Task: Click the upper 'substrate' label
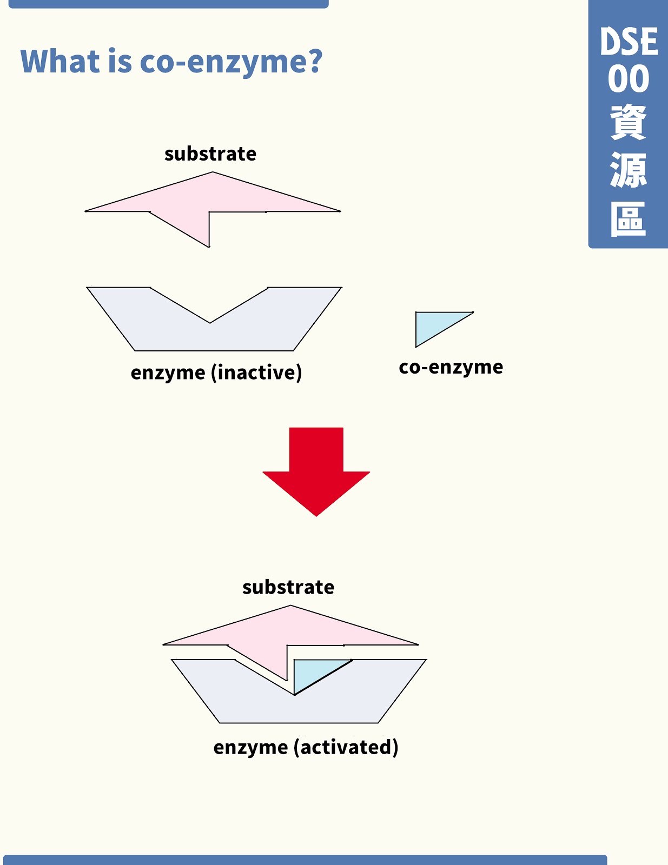[x=210, y=154]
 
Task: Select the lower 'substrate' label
[x=288, y=587]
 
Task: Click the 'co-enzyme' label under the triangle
[x=451, y=367]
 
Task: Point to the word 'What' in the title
[x=61, y=61]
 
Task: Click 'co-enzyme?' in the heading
[x=231, y=62]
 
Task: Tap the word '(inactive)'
[x=256, y=372]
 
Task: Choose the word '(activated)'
[x=346, y=747]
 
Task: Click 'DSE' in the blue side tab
[x=629, y=42]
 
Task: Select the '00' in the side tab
[x=629, y=79]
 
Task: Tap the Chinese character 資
[x=629, y=123]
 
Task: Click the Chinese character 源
[x=629, y=170]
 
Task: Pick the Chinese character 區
[x=629, y=219]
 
